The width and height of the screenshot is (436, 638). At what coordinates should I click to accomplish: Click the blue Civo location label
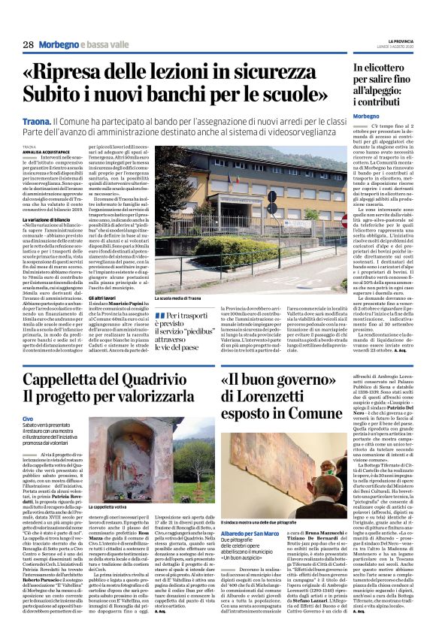pos(28,419)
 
